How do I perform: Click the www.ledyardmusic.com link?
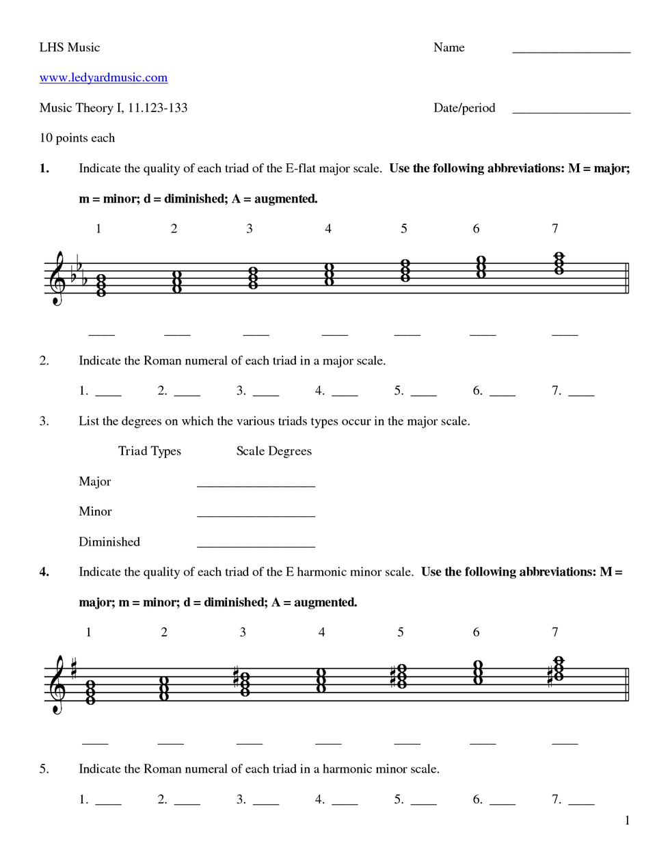(103, 78)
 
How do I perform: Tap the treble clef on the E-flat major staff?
(57, 278)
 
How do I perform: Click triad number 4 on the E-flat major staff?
(329, 274)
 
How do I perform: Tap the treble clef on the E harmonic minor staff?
(57, 684)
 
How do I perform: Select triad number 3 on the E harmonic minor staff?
(244, 682)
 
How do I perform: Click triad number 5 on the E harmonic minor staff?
(401, 676)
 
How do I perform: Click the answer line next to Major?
(256, 485)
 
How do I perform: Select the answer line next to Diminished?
(256, 546)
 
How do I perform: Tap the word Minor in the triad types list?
(95, 511)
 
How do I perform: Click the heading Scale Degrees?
(273, 451)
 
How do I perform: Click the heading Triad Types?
(149, 451)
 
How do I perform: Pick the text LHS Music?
(69, 47)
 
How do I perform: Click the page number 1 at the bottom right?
(627, 821)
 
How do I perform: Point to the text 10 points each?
(77, 138)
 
